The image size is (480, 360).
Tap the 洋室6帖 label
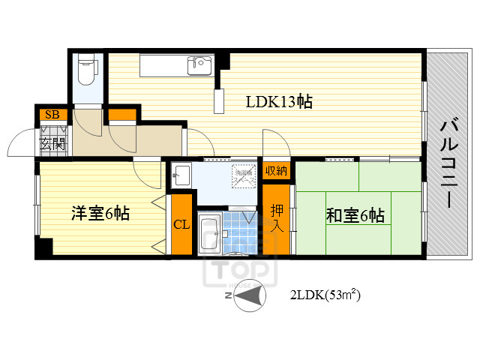[x=100, y=214]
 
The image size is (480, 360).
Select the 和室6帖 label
[x=355, y=216]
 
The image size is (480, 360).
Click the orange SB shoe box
[x=52, y=115]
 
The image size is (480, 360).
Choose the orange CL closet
[x=181, y=224]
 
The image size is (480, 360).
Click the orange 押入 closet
[x=277, y=217]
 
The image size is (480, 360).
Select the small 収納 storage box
[x=276, y=170]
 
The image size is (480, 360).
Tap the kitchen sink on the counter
[x=201, y=63]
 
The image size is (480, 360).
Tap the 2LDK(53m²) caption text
[x=325, y=296]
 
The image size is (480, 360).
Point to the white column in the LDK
[x=218, y=100]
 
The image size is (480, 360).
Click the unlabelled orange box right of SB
[x=121, y=115]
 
